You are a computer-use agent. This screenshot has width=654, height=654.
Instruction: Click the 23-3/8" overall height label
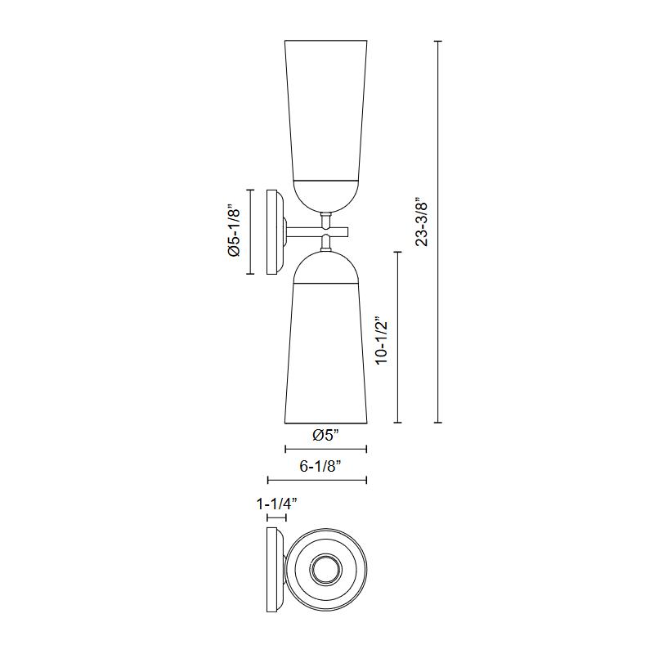[422, 224]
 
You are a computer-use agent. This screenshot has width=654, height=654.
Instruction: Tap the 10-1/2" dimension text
[381, 343]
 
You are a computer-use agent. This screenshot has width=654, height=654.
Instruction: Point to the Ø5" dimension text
[325, 435]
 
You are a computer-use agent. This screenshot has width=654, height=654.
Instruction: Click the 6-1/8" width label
[320, 466]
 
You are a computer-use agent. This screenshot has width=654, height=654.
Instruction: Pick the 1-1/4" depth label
[276, 504]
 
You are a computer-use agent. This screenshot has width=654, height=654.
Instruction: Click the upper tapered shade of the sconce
[325, 110]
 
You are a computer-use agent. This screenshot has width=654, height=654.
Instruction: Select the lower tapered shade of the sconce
[325, 353]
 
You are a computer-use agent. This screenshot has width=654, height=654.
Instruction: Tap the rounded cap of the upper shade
[325, 196]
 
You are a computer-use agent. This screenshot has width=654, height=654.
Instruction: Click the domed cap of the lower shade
[325, 268]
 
